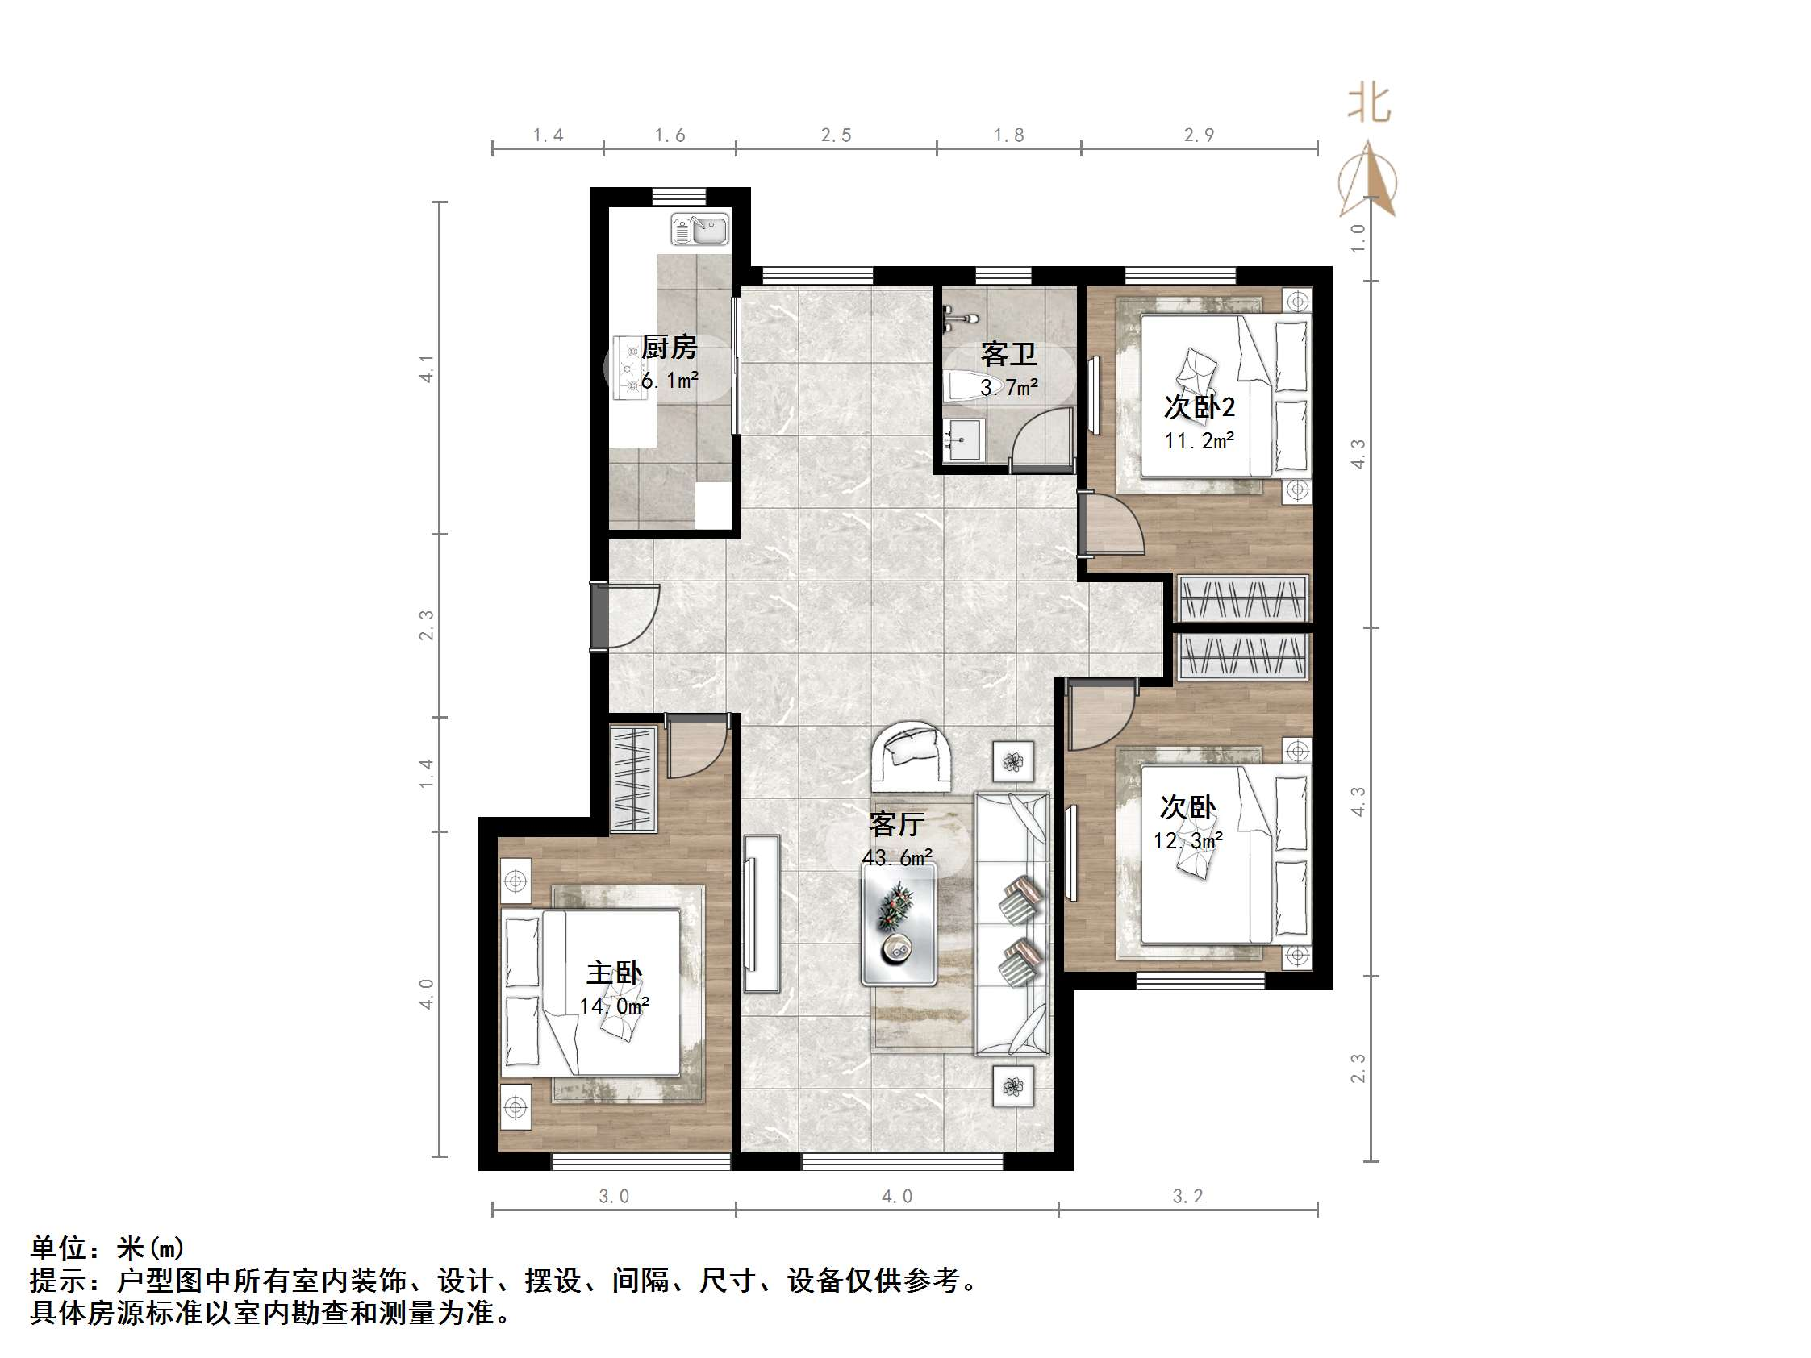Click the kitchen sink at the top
point(699,229)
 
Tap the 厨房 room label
point(669,348)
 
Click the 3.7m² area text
point(1009,387)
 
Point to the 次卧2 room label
point(1200,406)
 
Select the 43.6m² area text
point(896,858)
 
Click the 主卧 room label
point(614,973)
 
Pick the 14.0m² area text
point(614,1006)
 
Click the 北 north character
point(1369,104)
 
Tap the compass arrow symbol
point(1369,180)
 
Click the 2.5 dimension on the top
point(836,135)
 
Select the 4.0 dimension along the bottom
point(896,1197)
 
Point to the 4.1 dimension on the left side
point(427,369)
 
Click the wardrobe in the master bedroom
point(633,778)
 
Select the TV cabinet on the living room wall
point(762,914)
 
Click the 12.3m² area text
point(1188,840)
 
